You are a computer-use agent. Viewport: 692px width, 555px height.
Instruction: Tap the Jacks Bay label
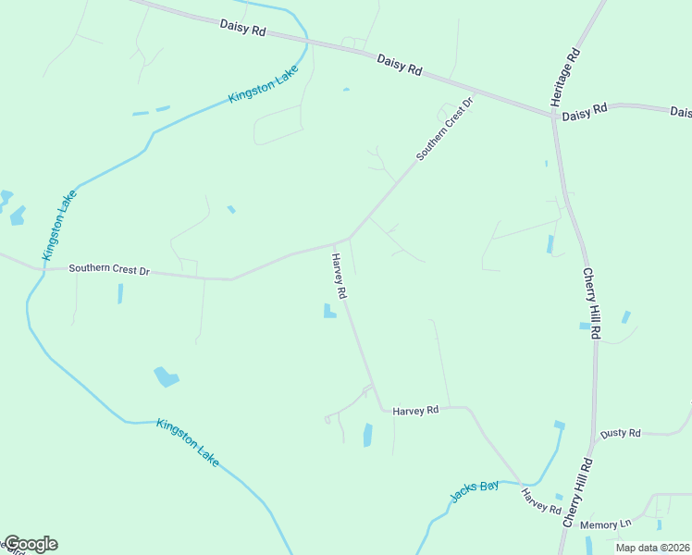[x=475, y=491]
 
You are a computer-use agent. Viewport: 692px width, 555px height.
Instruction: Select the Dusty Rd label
[x=620, y=433]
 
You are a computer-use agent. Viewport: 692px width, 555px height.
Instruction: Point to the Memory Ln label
[x=606, y=524]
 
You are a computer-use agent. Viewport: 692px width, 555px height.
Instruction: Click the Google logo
[x=31, y=544]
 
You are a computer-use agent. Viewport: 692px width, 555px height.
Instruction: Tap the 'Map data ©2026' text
[x=651, y=548]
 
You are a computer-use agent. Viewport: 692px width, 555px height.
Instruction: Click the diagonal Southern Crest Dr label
[x=444, y=129]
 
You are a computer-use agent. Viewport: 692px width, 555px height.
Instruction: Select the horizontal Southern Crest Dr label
[x=109, y=270]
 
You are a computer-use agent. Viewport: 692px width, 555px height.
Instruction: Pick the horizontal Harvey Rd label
[x=415, y=409]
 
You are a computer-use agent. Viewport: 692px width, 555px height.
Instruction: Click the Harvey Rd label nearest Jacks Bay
[x=541, y=502]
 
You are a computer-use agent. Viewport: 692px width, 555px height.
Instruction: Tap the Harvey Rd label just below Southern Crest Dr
[x=339, y=276]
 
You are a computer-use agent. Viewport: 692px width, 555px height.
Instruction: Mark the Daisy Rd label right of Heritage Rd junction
[x=584, y=110]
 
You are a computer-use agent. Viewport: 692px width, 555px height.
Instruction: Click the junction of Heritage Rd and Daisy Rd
[x=553, y=116]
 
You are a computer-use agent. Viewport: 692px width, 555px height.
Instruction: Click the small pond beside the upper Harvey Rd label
[x=328, y=312]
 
